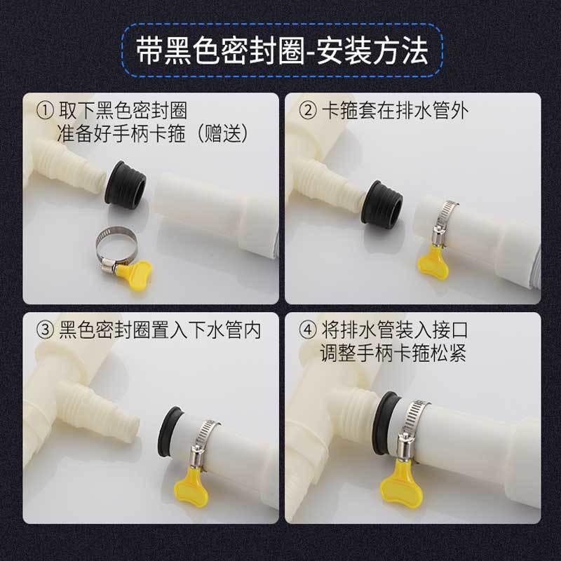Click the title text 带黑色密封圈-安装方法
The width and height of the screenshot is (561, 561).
coord(282,50)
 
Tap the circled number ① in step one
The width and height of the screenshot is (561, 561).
coord(46,111)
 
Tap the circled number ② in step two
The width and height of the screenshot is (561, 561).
coord(308,111)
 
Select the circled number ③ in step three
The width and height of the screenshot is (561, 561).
coord(46,330)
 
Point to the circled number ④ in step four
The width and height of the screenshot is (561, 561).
coord(308,330)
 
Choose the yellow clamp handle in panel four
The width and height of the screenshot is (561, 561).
coord(401,483)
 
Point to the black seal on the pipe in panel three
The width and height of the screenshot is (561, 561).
coord(170,431)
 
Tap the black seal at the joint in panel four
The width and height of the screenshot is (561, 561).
coord(386,423)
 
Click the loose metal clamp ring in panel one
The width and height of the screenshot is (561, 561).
coord(116,248)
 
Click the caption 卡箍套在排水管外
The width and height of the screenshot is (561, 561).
coord(395,111)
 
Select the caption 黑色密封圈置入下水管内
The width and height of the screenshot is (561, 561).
coord(160,330)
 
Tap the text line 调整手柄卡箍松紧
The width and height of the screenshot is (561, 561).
coord(393,353)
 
